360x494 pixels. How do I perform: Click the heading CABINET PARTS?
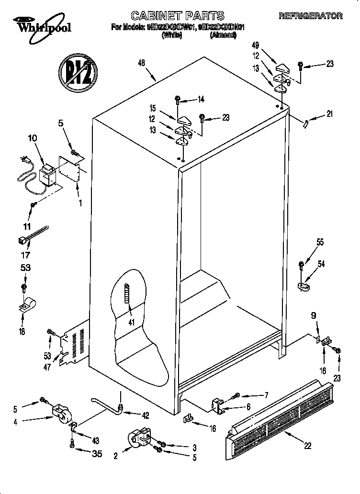click(178, 16)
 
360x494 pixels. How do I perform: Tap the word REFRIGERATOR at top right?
click(311, 16)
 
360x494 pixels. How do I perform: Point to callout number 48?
click(141, 63)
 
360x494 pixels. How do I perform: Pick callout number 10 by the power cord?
click(32, 139)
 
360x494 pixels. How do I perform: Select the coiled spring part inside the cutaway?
click(127, 300)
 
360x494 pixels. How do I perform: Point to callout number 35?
click(97, 454)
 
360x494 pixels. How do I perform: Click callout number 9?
click(314, 315)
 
